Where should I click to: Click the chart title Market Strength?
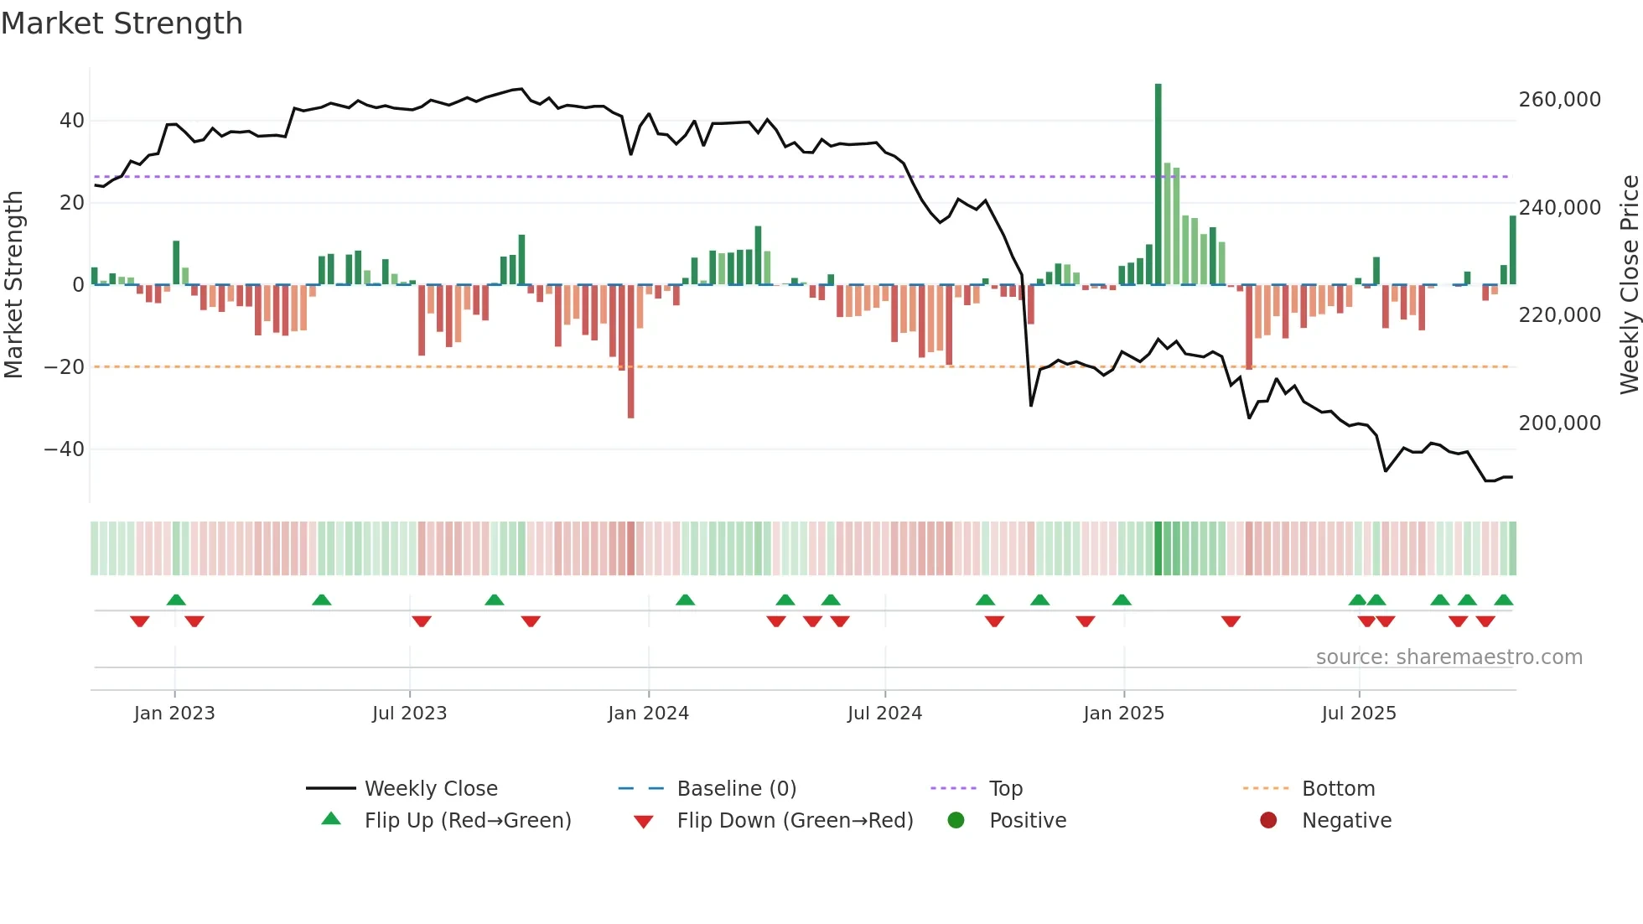click(x=122, y=23)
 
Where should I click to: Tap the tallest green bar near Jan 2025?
click(x=1158, y=184)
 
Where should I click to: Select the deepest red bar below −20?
click(x=630, y=352)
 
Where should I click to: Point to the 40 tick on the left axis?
click(x=72, y=121)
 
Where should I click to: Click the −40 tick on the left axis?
click(x=65, y=449)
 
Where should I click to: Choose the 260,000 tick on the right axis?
click(x=1559, y=100)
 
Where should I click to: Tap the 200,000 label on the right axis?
click(x=1559, y=423)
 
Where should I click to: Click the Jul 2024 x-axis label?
click(x=884, y=714)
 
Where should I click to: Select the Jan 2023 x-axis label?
click(x=174, y=714)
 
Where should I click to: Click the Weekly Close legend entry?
click(x=430, y=789)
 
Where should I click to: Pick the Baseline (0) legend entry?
click(x=736, y=789)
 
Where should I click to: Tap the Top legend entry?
click(x=1005, y=789)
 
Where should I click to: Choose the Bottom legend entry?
click(x=1338, y=789)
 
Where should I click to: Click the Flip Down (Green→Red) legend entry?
click(x=795, y=821)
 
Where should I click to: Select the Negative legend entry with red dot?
click(x=1345, y=821)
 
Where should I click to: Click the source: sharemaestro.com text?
click(x=1449, y=657)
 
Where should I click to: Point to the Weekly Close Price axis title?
click(x=1629, y=285)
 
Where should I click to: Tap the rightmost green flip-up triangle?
click(x=1503, y=600)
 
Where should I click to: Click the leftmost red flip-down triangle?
click(x=140, y=621)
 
